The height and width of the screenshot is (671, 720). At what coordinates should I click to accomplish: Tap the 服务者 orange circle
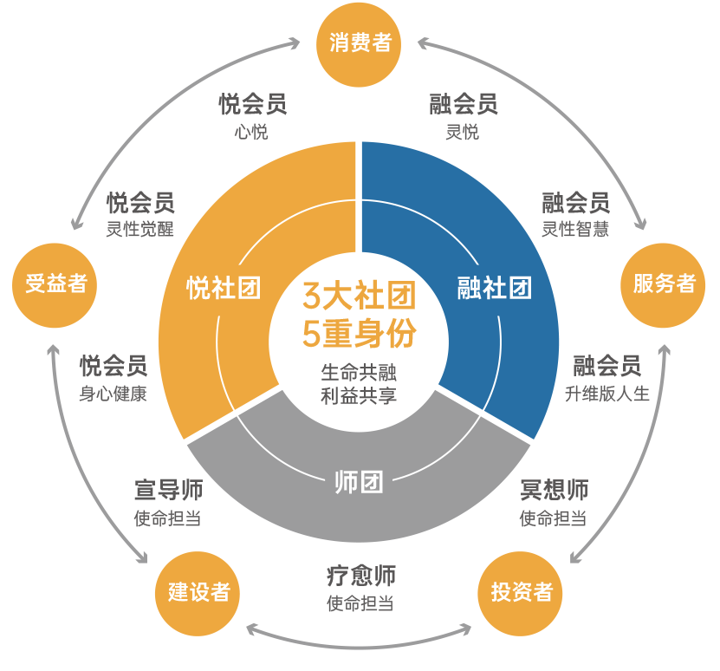664,284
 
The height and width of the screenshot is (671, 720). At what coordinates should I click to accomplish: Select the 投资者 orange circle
521,592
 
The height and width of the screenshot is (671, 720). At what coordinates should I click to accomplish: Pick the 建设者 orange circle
198,592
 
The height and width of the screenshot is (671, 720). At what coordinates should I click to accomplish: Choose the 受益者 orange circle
56,284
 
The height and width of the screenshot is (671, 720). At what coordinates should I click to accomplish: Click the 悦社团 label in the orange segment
224,288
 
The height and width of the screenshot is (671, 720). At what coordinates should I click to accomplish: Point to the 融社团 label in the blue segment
495,288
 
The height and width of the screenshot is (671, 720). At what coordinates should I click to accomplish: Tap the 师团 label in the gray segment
359,482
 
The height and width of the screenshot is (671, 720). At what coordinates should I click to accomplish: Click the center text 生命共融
360,373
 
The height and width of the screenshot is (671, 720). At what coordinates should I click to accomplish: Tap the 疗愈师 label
360,576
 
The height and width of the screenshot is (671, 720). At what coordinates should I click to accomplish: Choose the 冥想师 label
554,490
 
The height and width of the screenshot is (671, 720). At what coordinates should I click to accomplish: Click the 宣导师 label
168,490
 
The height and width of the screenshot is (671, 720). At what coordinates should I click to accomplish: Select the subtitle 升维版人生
606,394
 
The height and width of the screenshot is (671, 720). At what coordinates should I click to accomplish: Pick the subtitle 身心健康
113,394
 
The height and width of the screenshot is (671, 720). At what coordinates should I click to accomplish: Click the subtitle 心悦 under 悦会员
251,133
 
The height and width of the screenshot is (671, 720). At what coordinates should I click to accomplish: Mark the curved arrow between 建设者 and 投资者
360,645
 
